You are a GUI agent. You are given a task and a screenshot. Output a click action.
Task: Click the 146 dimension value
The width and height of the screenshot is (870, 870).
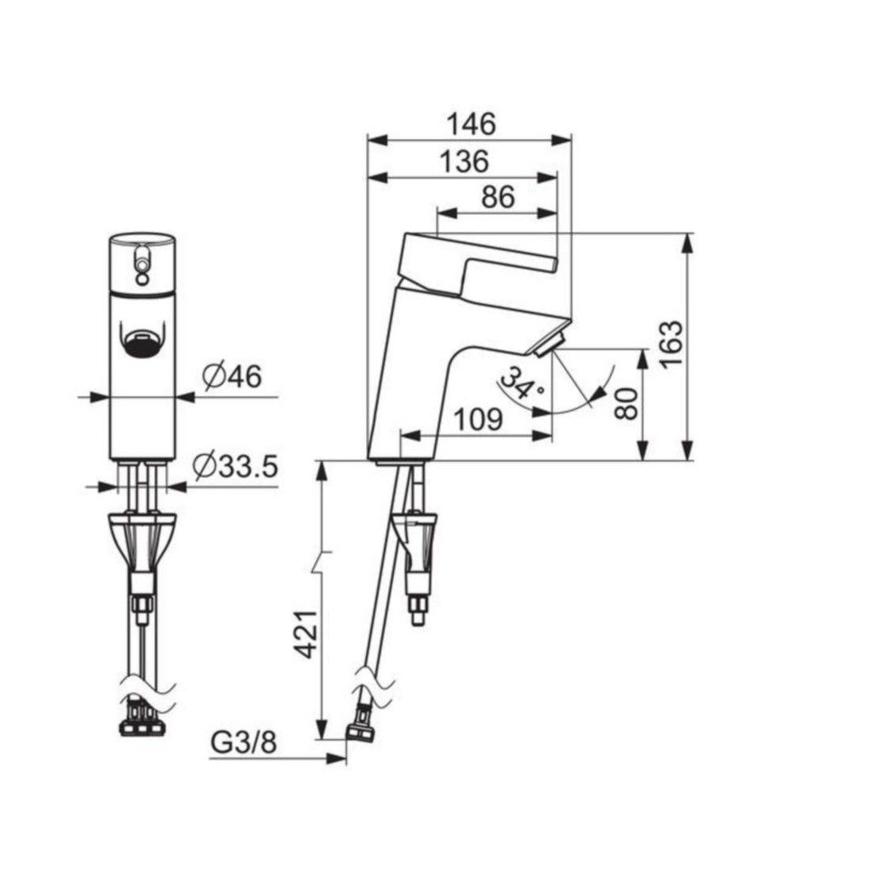(x=470, y=124)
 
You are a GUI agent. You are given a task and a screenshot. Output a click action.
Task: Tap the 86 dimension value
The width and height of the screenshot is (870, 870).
(x=498, y=197)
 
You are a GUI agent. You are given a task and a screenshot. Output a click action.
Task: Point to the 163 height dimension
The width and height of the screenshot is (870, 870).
(x=671, y=344)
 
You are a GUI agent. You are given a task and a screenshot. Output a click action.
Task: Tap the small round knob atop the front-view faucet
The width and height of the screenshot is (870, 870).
(x=142, y=255)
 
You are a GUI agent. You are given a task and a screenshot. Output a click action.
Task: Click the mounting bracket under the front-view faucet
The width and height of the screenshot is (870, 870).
(x=142, y=540)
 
